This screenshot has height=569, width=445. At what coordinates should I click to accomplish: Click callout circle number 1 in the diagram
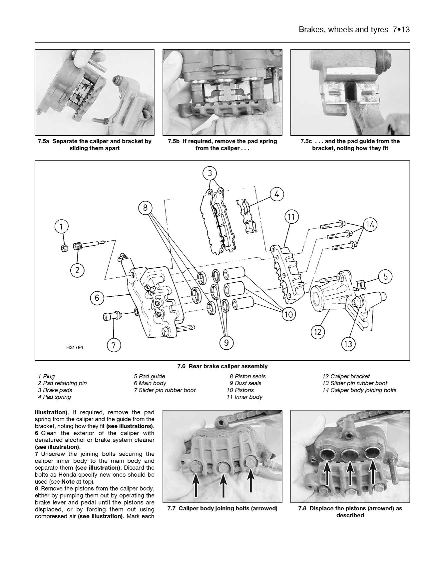pyautogui.click(x=61, y=227)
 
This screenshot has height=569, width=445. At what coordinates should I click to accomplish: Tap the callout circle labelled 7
pyautogui.click(x=114, y=346)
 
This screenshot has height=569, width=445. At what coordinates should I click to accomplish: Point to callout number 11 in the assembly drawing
pyautogui.click(x=291, y=217)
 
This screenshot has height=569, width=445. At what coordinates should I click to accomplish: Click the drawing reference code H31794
pyautogui.click(x=75, y=347)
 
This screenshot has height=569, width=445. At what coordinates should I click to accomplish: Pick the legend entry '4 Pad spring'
pyautogui.click(x=54, y=397)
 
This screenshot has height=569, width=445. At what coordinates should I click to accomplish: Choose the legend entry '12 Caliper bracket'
pyautogui.click(x=346, y=376)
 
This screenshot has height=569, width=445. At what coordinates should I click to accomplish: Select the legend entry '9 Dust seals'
pyautogui.click(x=245, y=383)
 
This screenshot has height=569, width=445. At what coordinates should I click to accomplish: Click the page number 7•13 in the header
pyautogui.click(x=401, y=29)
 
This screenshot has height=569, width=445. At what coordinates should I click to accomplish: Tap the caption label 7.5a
pyautogui.click(x=43, y=141)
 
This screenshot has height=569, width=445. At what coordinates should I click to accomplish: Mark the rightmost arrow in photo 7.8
pyautogui.click(x=373, y=474)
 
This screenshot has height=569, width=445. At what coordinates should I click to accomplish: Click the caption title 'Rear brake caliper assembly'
pyautogui.click(x=228, y=366)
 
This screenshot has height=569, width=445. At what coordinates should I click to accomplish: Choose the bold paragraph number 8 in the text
pyautogui.click(x=37, y=489)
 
